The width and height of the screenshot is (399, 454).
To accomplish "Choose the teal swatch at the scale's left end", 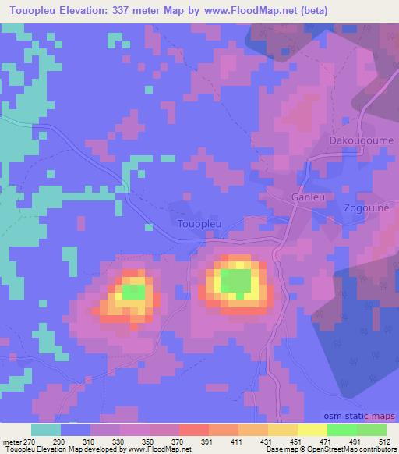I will point(46,430).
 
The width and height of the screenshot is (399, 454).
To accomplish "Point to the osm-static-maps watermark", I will point(365,418).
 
